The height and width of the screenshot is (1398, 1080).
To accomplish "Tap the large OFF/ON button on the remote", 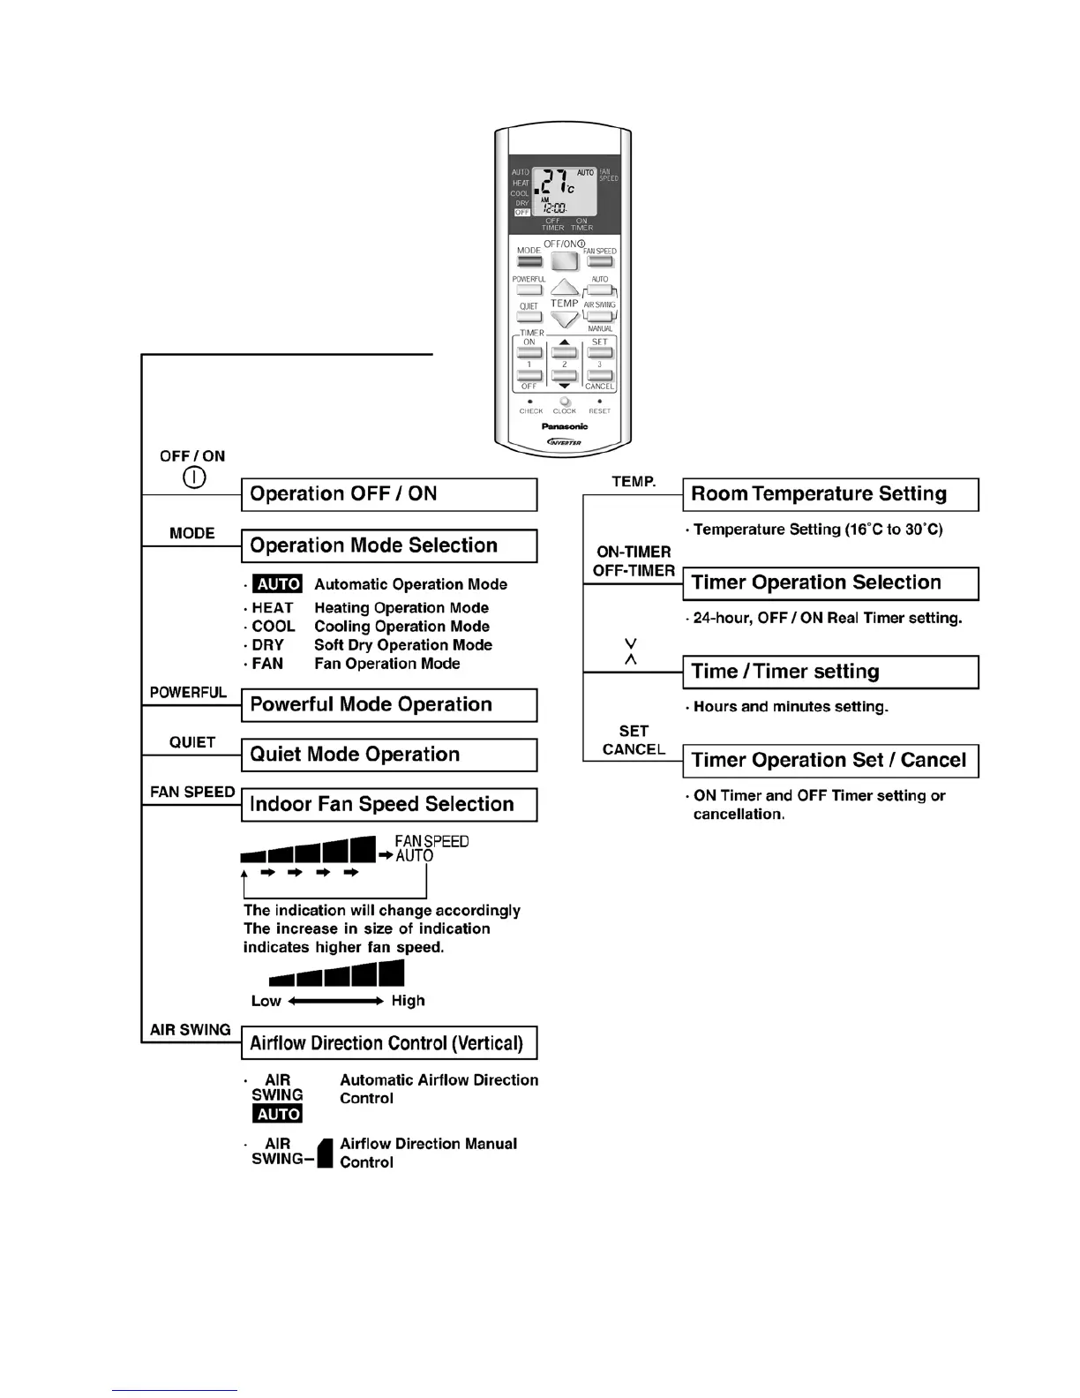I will point(565,261).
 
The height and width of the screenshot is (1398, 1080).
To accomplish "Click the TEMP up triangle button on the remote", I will point(565,288).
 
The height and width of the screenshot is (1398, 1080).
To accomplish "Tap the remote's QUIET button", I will point(529,317).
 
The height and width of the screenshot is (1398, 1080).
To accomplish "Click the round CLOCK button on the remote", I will point(565,402).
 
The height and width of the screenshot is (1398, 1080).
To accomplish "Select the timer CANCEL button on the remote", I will point(600,376).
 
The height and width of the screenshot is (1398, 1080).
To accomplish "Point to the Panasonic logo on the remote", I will point(565,426).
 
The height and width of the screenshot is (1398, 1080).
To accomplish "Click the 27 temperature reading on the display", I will point(555,184).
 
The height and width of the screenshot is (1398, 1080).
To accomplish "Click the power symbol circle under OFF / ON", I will point(194,477).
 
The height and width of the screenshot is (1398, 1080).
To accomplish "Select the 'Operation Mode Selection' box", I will point(389,545).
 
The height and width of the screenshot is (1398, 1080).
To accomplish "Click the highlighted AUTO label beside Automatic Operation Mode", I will point(279,584).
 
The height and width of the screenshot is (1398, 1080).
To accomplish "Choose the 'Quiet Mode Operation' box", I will point(389,755).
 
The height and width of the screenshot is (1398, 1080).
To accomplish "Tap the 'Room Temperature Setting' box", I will point(830,494).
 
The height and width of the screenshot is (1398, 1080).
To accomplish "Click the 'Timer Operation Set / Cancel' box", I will point(830,760).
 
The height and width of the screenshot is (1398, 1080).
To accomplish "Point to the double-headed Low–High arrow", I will point(336,1001).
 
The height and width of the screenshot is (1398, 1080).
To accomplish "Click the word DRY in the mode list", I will point(268,645).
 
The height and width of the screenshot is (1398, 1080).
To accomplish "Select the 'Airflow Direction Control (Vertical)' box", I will point(389,1043).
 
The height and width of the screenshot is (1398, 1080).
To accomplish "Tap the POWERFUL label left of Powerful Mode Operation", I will point(189,693).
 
